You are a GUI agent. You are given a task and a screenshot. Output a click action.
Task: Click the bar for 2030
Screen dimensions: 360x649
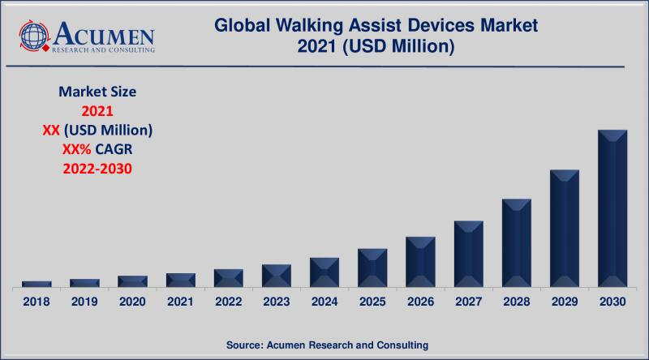tap(612, 208)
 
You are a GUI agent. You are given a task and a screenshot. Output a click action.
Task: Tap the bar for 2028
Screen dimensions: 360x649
tap(516, 242)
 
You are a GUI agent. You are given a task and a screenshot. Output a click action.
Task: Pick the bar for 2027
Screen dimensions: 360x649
tap(468, 254)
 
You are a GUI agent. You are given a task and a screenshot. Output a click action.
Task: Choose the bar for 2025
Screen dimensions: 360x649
tap(372, 268)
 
